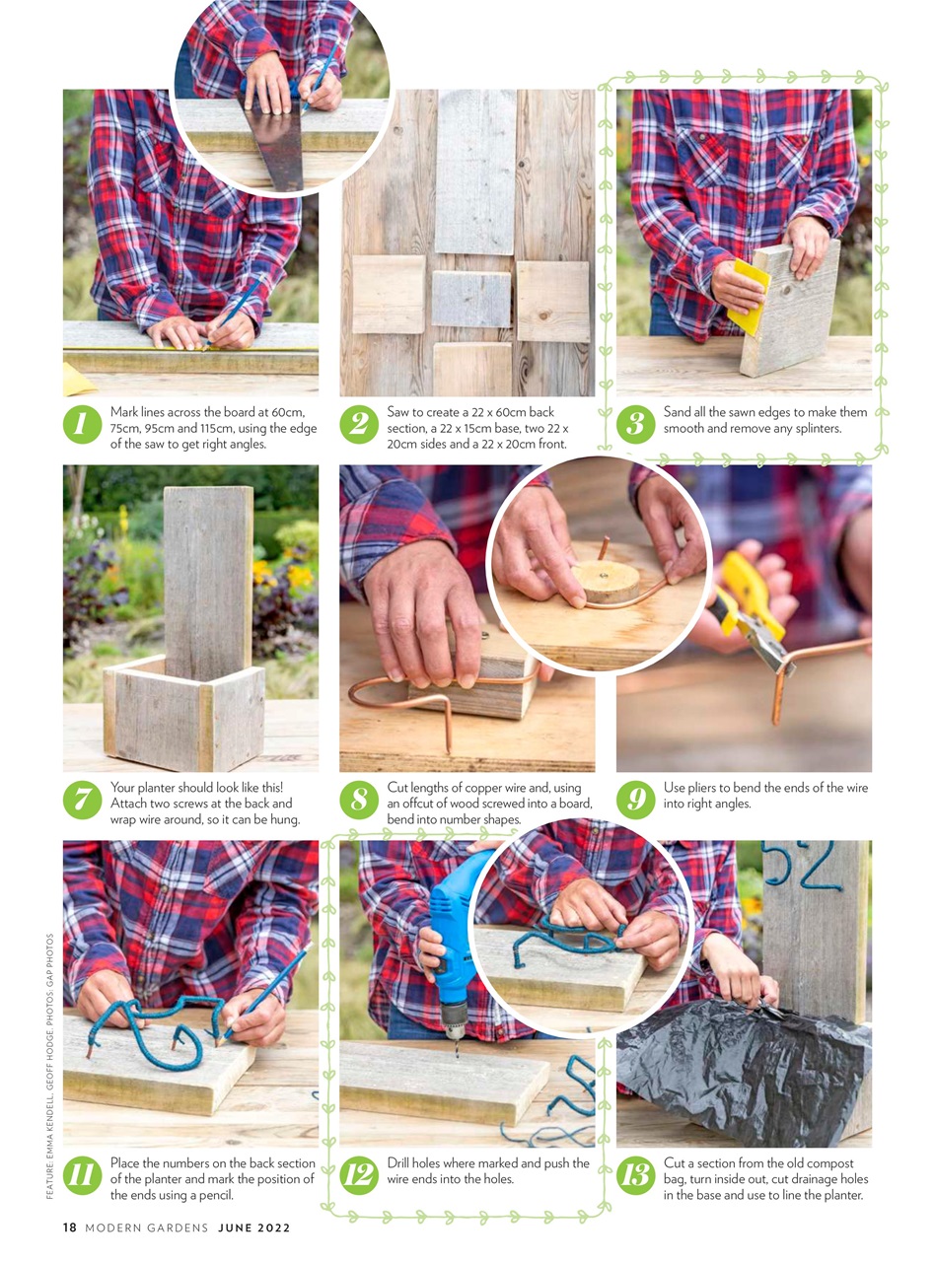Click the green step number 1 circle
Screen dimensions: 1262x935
(x=82, y=425)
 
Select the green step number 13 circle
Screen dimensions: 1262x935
(x=635, y=1175)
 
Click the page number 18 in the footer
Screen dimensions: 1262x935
(x=70, y=1227)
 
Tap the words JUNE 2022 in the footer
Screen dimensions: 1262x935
(x=254, y=1227)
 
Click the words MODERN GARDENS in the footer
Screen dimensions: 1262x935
(x=147, y=1227)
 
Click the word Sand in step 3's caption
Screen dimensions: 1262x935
(x=676, y=412)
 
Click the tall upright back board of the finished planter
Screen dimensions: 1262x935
(x=207, y=582)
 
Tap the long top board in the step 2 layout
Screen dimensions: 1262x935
(x=475, y=173)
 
